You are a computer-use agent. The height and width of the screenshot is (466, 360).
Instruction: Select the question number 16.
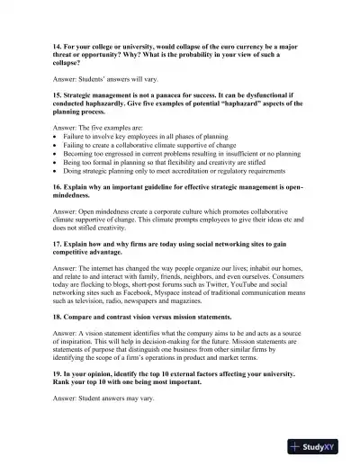coord(58,188)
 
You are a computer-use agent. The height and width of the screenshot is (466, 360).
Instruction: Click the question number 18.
coord(58,315)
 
